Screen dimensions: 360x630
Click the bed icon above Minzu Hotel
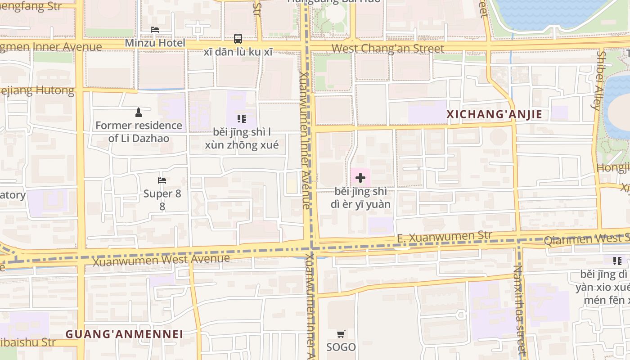point(155,30)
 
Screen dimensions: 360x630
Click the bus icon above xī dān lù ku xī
point(238,39)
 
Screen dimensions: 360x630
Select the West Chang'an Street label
point(388,48)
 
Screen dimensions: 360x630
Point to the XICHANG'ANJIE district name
point(494,114)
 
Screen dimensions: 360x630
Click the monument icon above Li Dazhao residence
point(139,112)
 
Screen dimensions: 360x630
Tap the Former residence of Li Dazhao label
point(139,131)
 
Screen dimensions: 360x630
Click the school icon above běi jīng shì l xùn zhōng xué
point(242,119)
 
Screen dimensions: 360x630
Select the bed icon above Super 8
point(162,180)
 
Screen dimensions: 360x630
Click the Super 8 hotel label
point(162,200)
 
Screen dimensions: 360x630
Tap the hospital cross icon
point(360,178)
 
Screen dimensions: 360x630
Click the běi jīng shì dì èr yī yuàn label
point(360,198)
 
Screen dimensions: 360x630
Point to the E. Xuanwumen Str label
point(445,237)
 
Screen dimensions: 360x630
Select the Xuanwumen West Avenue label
point(161,260)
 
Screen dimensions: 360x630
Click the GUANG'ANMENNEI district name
point(124,334)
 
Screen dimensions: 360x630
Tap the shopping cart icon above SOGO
point(341,334)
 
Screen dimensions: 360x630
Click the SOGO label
point(341,347)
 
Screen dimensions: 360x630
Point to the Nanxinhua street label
point(519,310)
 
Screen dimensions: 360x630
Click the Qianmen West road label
point(585,239)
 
